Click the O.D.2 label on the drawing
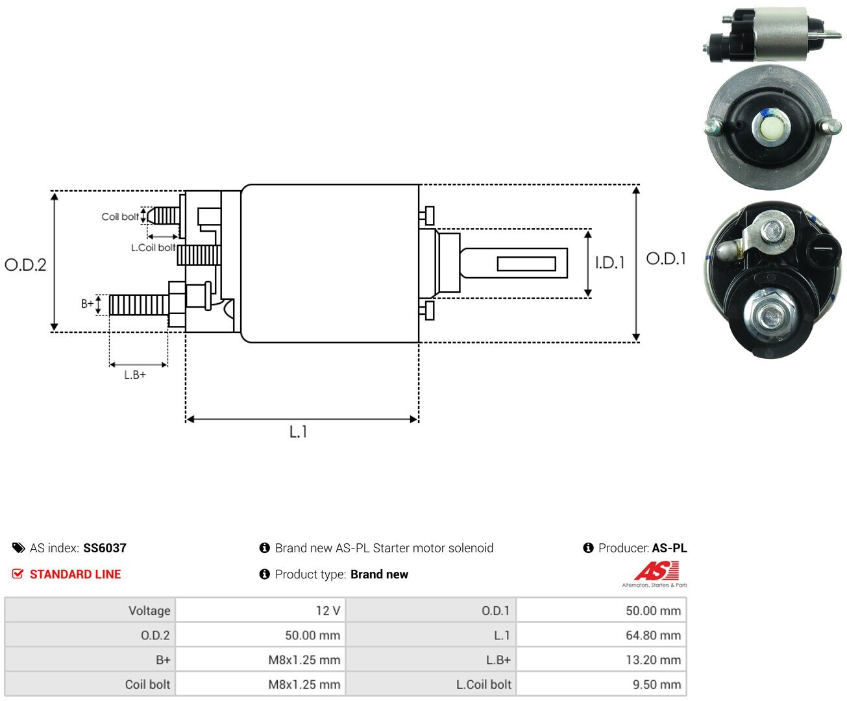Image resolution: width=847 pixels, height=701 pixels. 25,265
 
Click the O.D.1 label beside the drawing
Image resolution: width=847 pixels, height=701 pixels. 666,258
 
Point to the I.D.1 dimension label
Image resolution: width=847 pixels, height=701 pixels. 609,263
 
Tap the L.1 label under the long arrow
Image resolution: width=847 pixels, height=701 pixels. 298,432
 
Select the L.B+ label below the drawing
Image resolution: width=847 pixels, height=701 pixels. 135,375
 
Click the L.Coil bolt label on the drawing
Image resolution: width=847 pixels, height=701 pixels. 153,247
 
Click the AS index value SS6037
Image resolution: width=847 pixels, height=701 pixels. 104,548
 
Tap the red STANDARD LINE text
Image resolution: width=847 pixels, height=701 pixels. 75,574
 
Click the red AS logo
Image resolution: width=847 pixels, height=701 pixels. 657,571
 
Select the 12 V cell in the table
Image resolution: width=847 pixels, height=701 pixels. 260,610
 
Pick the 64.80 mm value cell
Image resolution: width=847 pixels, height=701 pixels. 601,635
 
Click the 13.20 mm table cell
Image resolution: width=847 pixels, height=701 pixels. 601,659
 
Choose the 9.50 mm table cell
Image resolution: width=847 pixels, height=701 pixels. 601,684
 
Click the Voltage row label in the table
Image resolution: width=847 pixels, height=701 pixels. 149,611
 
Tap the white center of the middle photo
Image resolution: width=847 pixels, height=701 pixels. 770,129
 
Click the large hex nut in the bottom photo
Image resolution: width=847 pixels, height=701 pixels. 769,314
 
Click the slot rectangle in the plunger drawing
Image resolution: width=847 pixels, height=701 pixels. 526,264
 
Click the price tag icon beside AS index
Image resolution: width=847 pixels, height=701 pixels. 19,548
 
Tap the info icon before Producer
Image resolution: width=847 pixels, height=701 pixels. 588,548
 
